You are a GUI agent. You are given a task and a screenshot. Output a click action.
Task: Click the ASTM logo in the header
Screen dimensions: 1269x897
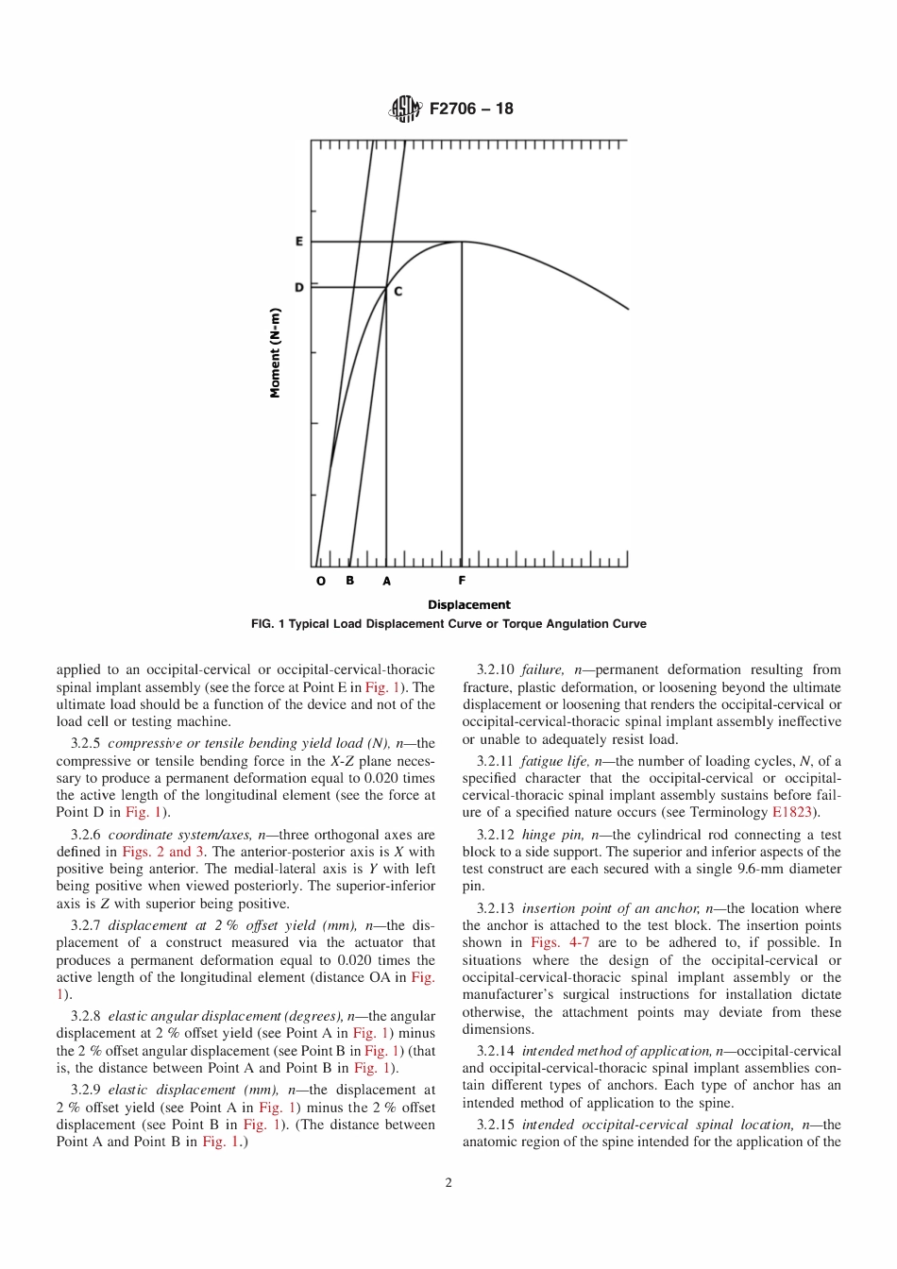404,110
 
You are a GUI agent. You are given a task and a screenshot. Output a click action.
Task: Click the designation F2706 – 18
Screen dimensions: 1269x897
471,109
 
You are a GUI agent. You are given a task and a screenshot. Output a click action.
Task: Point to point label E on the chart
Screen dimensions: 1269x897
299,242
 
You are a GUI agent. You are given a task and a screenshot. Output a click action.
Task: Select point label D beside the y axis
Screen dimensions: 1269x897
299,287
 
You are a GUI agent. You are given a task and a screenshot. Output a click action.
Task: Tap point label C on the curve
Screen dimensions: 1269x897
398,292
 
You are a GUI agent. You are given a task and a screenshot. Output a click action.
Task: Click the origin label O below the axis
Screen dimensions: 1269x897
321,581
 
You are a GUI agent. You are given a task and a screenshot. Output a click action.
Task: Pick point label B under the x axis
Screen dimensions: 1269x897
350,580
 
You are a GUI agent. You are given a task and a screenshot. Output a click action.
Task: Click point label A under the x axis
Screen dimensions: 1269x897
386,581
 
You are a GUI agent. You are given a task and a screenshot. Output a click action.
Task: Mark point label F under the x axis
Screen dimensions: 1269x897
462,580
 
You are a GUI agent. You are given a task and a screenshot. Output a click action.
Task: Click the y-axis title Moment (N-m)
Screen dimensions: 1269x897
276,353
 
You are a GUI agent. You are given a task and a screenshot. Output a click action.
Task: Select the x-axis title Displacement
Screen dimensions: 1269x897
468,604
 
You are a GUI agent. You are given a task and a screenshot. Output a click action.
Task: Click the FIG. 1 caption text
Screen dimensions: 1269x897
448,624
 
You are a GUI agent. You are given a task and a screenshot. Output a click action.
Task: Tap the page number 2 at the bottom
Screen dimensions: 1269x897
448,1183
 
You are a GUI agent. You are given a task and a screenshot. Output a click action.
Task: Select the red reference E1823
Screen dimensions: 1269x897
791,812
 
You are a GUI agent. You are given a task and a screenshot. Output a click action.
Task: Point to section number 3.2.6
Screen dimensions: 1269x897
86,835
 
